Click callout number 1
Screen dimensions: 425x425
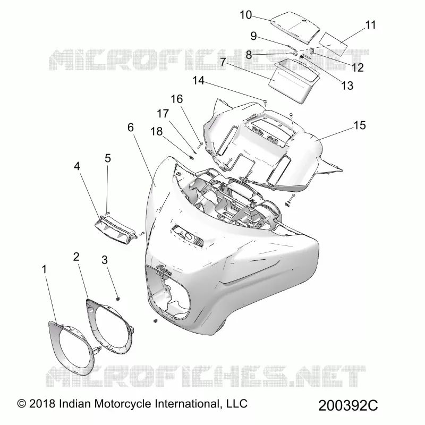click(x=44, y=269)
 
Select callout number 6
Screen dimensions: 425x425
click(x=131, y=127)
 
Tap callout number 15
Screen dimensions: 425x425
click(x=360, y=125)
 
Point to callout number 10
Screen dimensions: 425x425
click(x=246, y=15)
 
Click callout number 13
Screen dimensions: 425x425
click(x=347, y=86)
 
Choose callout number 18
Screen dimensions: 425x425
click(x=156, y=131)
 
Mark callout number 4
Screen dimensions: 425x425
click(x=77, y=166)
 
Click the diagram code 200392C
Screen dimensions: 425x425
click(x=348, y=405)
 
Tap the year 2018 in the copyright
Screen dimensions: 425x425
click(x=42, y=404)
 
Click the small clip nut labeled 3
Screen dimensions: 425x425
click(x=118, y=299)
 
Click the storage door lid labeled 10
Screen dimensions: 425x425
click(x=295, y=28)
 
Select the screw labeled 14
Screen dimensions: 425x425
click(x=266, y=102)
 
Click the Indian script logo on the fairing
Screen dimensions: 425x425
click(x=165, y=270)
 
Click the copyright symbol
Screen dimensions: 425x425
click(x=22, y=404)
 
